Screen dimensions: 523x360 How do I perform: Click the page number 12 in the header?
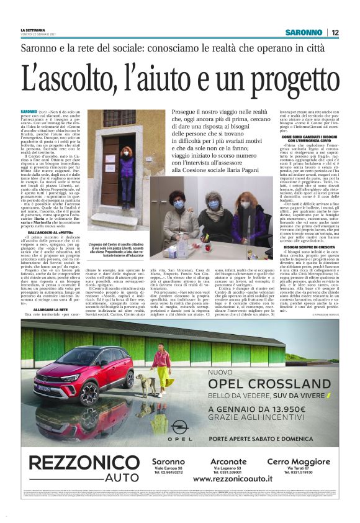coord(335,32)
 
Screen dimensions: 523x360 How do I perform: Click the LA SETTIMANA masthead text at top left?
coord(32,30)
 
